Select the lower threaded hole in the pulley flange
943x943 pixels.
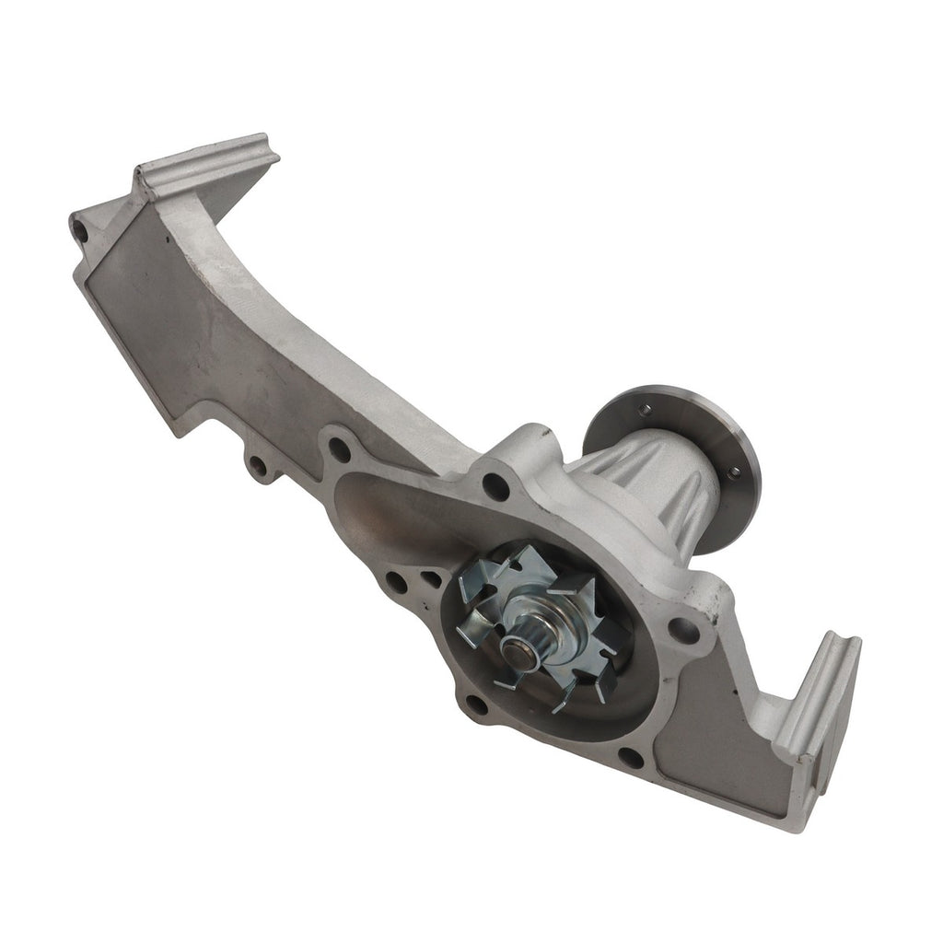coord(733,472)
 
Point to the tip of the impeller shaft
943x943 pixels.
coord(514,653)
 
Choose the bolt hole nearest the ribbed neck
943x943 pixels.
coord(496,485)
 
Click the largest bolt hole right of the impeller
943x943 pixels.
coord(683,631)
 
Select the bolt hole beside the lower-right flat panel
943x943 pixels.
coord(631,758)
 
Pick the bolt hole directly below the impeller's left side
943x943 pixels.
coord(476,705)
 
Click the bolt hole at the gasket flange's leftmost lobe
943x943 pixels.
coord(339,450)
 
